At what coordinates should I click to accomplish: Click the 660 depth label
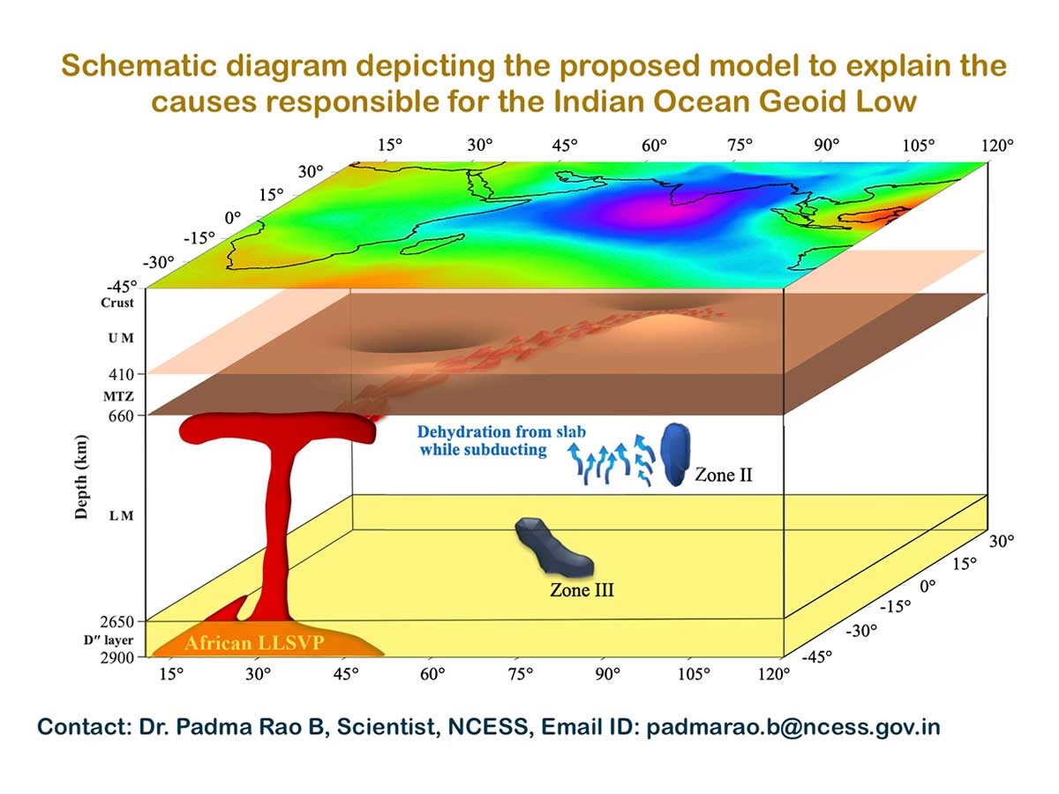tap(119, 415)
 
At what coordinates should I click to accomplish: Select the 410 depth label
tap(119, 374)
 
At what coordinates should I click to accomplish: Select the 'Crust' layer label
tap(116, 303)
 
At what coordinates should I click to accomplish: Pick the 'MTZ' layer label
tap(118, 396)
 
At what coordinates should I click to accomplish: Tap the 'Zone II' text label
tap(722, 476)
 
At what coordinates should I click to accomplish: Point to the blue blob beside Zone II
tap(677, 453)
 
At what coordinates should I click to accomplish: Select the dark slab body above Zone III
tap(552, 546)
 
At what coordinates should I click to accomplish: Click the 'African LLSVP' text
tap(254, 643)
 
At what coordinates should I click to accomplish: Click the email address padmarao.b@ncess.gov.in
tap(793, 728)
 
